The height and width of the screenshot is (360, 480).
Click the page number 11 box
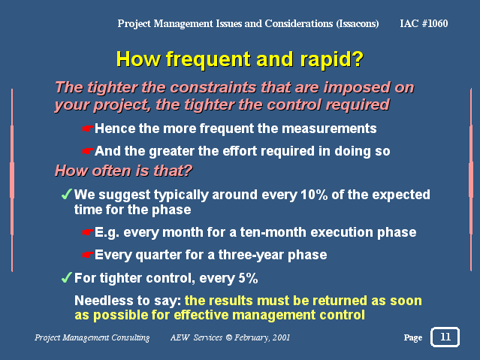click(445, 337)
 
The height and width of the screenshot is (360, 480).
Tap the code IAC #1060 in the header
click(424, 23)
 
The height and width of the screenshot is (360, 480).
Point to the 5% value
click(248, 278)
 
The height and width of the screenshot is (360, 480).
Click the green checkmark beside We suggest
click(66, 194)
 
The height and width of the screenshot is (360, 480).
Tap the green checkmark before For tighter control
click(66, 277)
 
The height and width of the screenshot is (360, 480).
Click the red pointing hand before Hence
click(87, 129)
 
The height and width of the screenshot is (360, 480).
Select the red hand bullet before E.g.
click(87, 232)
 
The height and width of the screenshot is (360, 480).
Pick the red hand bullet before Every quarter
click(87, 255)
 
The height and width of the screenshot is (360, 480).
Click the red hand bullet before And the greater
click(87, 151)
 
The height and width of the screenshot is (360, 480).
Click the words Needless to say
click(128, 301)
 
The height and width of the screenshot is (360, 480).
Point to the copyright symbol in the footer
click(228, 337)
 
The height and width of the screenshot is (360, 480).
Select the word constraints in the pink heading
click(213, 88)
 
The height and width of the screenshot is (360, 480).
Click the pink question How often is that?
click(123, 171)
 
